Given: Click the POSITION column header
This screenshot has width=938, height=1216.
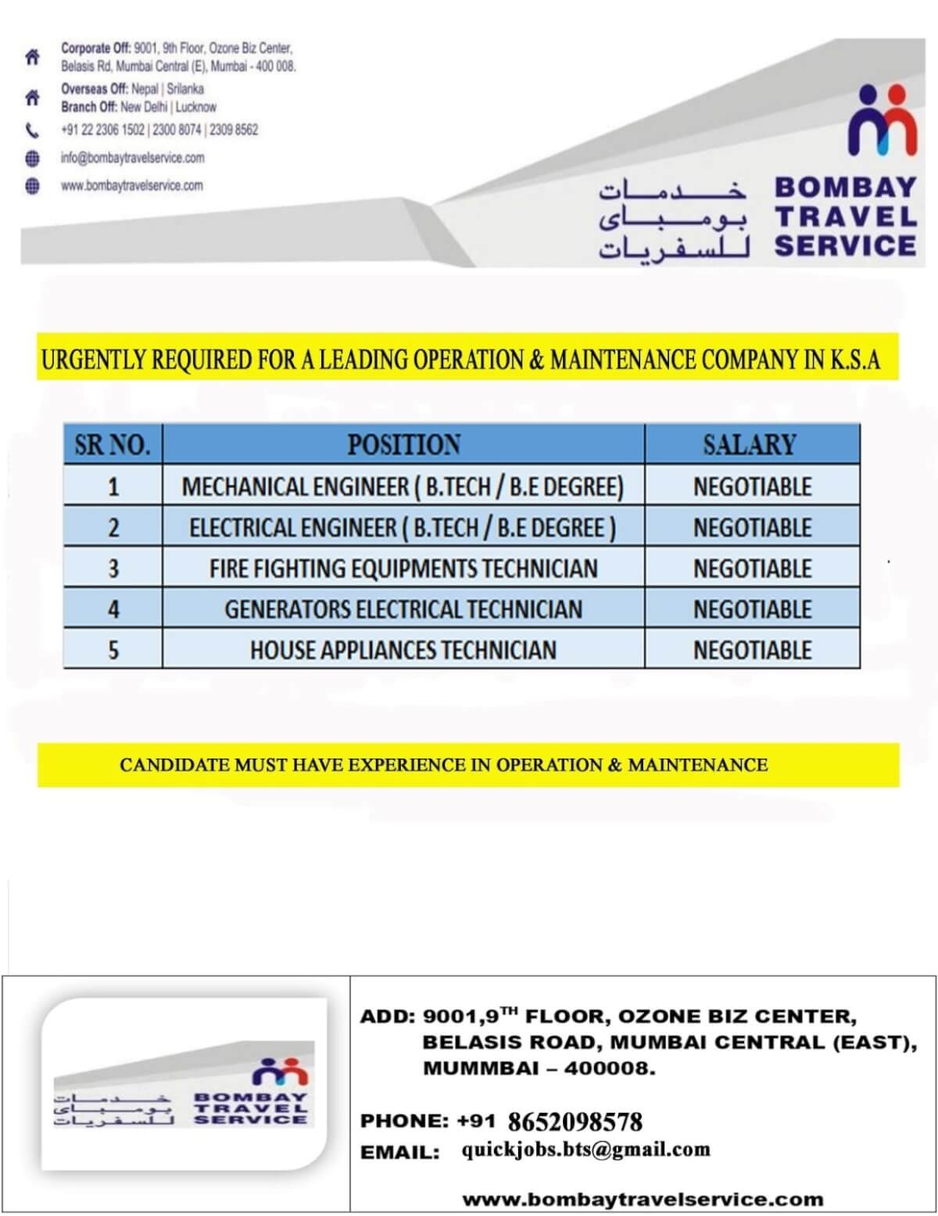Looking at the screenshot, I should (403, 445).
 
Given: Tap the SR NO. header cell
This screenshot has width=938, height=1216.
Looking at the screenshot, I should (113, 445).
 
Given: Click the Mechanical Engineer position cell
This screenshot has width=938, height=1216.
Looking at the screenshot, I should (403, 487).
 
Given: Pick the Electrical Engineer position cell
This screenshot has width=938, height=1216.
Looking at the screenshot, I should (403, 528).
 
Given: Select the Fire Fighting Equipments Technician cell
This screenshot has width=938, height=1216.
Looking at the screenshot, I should (403, 569).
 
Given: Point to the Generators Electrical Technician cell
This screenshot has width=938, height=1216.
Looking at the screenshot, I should (403, 609).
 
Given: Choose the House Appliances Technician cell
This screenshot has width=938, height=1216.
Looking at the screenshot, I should (403, 650).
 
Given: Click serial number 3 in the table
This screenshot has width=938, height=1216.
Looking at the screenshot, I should (113, 569).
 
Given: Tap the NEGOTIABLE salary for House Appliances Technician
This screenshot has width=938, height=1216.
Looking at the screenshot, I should (752, 650).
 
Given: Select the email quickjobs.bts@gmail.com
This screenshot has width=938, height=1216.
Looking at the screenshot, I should (585, 1150).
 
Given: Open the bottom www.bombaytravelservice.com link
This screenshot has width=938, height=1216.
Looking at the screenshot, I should (643, 1199).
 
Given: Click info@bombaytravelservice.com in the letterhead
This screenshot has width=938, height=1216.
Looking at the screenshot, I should (133, 158).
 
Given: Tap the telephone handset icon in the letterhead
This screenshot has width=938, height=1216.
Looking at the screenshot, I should (32, 131).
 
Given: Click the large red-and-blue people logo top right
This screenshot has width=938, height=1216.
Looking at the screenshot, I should (882, 121).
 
